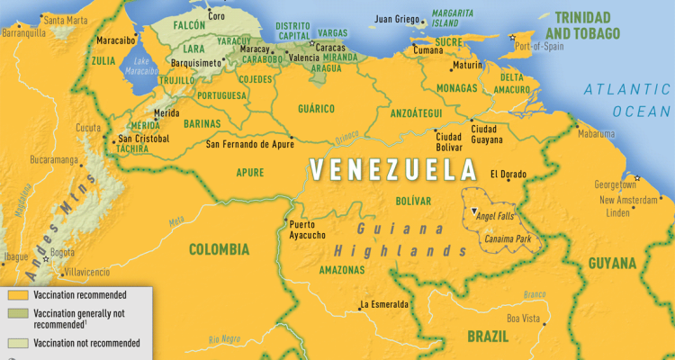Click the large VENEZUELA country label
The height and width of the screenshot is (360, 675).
[393, 169]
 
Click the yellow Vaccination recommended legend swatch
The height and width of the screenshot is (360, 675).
[16, 294]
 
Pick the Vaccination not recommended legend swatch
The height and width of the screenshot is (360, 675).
[16, 343]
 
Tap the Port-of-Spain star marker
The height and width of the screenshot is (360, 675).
[513, 37]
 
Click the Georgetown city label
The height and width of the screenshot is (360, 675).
[615, 184]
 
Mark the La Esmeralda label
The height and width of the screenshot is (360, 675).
[384, 304]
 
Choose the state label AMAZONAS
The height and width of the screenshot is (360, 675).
[341, 270]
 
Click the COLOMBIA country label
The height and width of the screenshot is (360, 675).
[219, 248]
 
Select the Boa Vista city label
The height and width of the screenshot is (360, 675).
[526, 318]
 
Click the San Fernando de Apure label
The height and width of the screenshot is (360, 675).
[250, 144]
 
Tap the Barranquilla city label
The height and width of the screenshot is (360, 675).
[23, 32]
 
